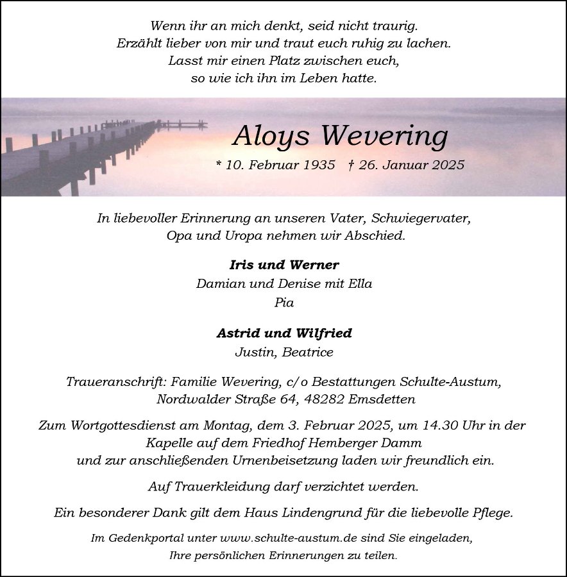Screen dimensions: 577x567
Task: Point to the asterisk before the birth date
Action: click(219, 165)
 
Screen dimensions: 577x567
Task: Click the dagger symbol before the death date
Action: click(351, 165)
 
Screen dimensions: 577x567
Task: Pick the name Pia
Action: click(284, 303)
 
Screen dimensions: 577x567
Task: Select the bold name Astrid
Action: click(239, 333)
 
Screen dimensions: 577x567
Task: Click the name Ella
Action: click(360, 283)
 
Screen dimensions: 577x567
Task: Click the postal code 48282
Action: click(325, 399)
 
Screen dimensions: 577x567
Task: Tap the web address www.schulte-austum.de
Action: click(279, 539)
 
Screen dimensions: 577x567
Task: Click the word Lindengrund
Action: click(331, 513)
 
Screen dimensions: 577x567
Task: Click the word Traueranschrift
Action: click(116, 381)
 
